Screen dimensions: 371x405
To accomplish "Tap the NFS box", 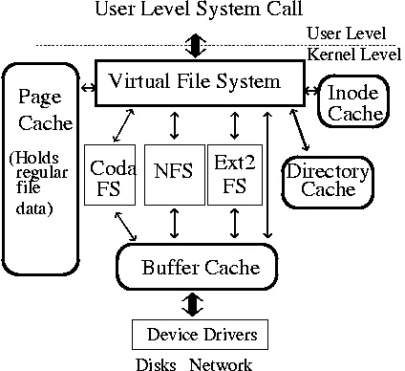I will (173, 174).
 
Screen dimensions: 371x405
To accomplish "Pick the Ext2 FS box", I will (235, 174).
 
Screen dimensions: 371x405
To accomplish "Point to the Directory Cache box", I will (328, 180).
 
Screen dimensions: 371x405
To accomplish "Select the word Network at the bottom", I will (222, 363).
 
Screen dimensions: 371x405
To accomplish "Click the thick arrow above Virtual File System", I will (195, 45).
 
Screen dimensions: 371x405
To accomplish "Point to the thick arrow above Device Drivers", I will (195, 303).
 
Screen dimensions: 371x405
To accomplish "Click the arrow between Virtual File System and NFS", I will (173, 125).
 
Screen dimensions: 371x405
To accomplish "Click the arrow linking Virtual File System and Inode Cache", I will (311, 90).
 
